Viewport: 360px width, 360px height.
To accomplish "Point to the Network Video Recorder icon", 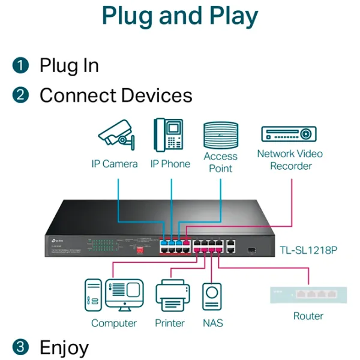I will pyautogui.click(x=289, y=133).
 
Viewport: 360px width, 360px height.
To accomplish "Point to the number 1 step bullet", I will pyautogui.click(x=21, y=65).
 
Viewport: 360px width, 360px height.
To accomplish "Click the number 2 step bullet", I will pyautogui.click(x=21, y=95).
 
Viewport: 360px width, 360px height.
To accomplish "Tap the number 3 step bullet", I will pyautogui.click(x=21, y=346).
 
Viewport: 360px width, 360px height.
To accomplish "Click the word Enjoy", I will pyautogui.click(x=64, y=347).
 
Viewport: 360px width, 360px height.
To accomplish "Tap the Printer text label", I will pyautogui.click(x=170, y=323).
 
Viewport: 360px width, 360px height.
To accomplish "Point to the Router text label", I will pyautogui.click(x=308, y=316).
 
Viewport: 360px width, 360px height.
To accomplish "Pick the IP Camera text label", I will pyautogui.click(x=115, y=164).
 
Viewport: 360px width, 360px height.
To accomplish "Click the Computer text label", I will pyautogui.click(x=114, y=323).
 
